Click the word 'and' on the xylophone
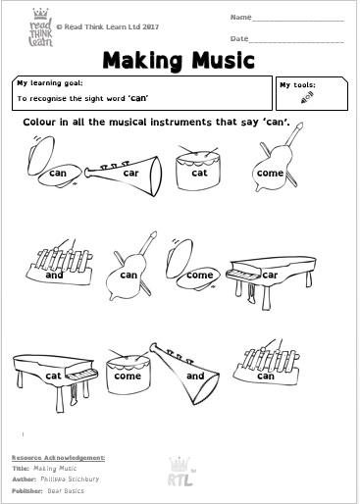54,276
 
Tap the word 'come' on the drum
128,375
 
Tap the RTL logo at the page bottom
179,469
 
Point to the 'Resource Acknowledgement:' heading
58,458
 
